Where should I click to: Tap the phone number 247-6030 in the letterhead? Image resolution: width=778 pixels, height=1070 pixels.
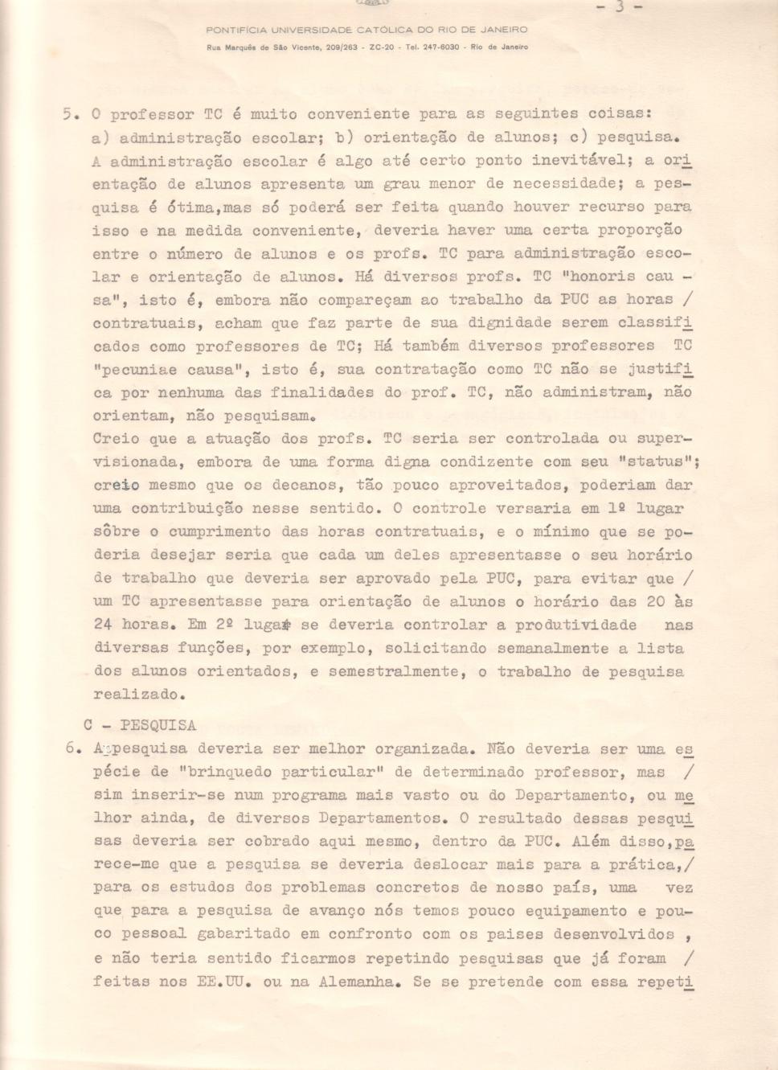click(x=441, y=47)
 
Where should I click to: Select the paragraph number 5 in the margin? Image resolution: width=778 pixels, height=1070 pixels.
click(x=70, y=114)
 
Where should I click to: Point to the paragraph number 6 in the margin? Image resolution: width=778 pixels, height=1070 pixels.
click(x=72, y=748)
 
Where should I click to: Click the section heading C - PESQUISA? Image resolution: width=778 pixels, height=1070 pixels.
click(x=139, y=725)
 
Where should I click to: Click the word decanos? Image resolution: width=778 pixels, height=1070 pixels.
click(x=308, y=486)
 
